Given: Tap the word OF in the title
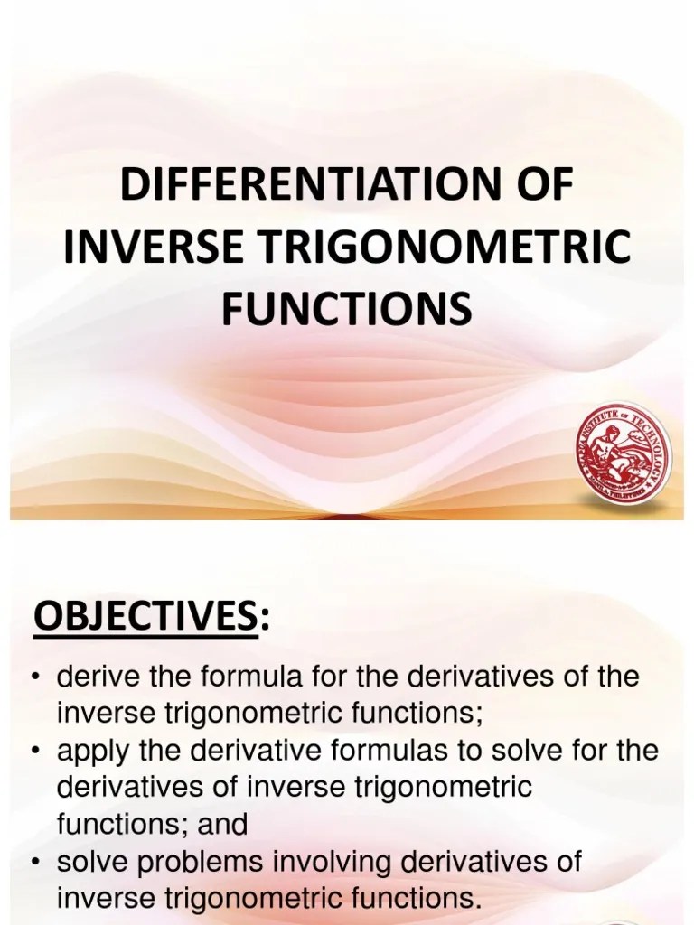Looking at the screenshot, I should [539, 186].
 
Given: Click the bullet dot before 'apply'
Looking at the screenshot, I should [37, 752].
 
